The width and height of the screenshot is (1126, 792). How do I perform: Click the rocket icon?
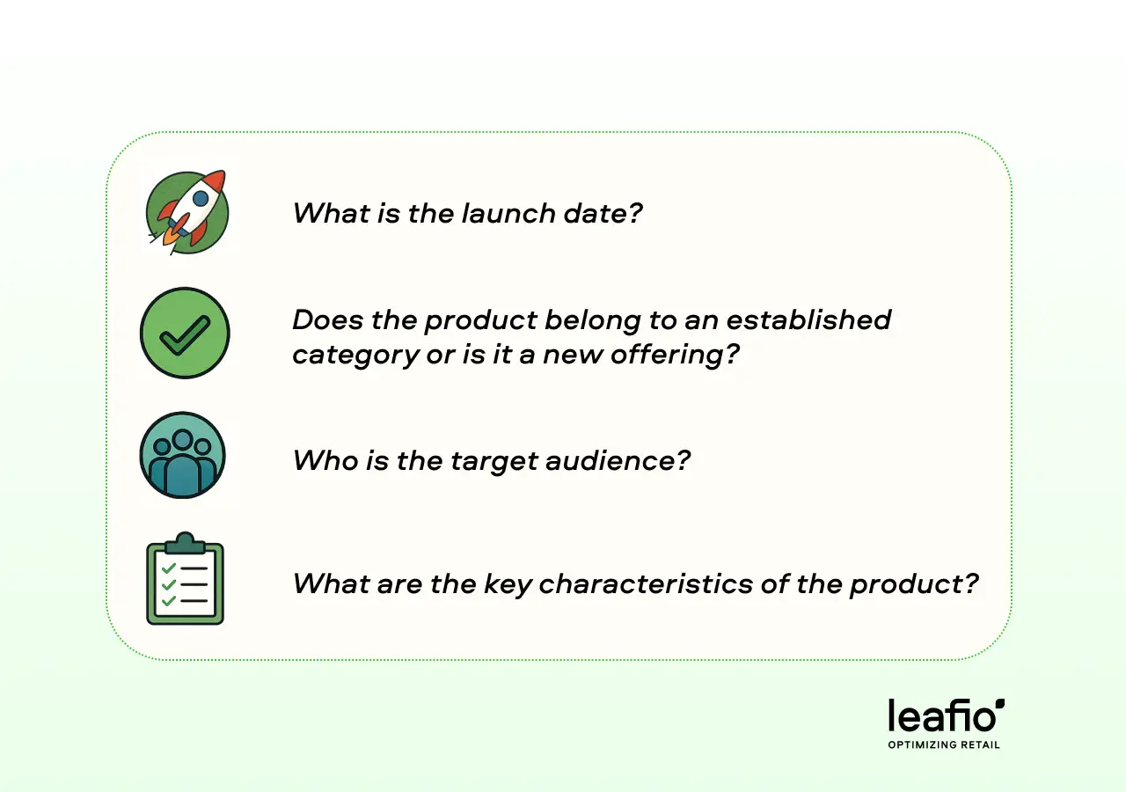(x=187, y=212)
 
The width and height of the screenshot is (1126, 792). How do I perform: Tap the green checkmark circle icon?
(x=185, y=333)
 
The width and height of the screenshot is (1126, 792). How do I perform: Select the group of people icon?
(x=182, y=455)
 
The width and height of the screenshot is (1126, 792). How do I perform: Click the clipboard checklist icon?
(x=185, y=578)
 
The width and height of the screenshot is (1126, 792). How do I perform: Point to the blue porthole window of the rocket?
(x=201, y=198)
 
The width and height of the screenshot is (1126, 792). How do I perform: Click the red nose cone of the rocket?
(x=216, y=181)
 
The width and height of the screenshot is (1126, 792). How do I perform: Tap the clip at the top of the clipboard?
(x=185, y=543)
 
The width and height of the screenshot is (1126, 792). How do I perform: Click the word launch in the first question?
(x=508, y=213)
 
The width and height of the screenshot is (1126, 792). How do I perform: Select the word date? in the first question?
(x=603, y=213)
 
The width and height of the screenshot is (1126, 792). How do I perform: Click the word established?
(x=808, y=319)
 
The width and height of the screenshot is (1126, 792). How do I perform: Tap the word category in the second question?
(x=355, y=356)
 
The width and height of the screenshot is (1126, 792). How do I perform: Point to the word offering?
(x=675, y=355)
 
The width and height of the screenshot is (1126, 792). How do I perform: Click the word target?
(x=493, y=461)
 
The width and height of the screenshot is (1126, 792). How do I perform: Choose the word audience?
(x=618, y=460)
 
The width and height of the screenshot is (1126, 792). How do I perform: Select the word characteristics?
(x=646, y=583)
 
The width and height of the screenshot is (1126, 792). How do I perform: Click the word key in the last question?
(x=508, y=585)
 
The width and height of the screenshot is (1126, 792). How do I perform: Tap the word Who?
(x=325, y=460)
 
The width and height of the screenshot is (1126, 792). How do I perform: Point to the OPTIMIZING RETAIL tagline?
(x=944, y=744)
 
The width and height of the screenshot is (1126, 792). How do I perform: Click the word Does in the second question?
(x=328, y=319)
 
